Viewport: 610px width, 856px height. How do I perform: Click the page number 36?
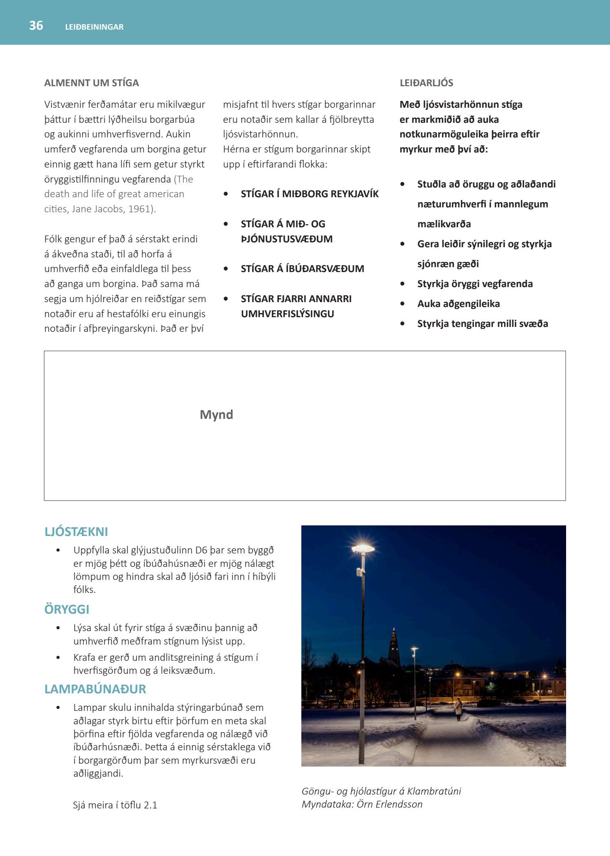36,26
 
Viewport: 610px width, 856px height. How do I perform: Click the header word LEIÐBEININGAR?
94,27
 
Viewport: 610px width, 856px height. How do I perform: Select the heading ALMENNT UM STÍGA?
91,83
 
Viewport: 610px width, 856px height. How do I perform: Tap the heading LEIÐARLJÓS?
426,83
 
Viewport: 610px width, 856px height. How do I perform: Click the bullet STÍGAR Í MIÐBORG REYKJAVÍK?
309,194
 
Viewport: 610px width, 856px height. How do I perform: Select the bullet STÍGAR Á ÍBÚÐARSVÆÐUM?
302,269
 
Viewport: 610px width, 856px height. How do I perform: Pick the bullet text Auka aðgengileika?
458,304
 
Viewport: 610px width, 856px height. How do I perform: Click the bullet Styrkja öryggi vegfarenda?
475,284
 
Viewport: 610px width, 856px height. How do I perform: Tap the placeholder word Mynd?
216,415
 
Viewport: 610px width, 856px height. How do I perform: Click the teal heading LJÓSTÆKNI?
76,532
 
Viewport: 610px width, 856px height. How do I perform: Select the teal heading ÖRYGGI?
67,610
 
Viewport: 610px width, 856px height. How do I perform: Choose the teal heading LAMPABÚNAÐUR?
95,689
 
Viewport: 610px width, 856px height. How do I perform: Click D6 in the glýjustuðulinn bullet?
201,550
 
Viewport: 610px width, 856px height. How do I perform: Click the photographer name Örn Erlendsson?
389,804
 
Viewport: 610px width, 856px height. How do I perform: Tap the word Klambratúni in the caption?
434,791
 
